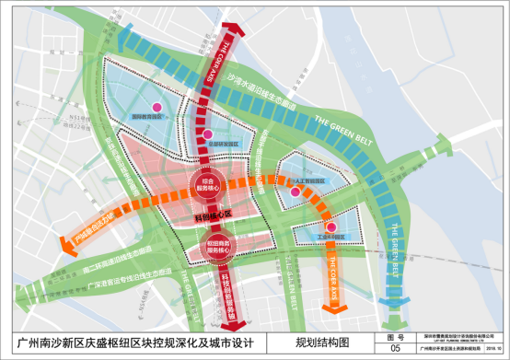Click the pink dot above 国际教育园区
coord(156,108)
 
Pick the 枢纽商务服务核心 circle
coord(216,243)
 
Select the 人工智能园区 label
coord(309,182)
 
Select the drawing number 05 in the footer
coord(396,349)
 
